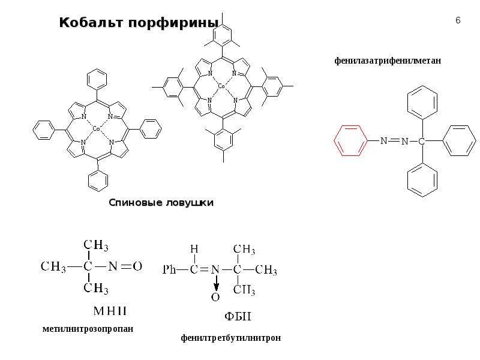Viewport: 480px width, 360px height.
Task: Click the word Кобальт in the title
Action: [91, 23]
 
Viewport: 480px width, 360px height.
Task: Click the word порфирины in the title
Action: [173, 23]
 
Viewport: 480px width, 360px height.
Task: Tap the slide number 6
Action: [458, 20]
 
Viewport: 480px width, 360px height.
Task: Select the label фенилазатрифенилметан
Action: [388, 61]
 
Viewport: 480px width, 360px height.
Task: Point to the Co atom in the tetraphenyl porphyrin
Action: [96, 129]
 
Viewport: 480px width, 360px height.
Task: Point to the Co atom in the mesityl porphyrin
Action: [221, 86]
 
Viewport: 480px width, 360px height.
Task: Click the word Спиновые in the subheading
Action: [136, 203]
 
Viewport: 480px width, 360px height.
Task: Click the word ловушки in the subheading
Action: [190, 203]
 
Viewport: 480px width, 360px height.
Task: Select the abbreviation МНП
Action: [110, 311]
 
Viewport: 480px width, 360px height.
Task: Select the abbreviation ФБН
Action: [238, 316]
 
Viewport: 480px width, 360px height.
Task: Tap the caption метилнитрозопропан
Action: [88, 329]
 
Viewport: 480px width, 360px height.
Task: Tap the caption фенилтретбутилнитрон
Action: [230, 338]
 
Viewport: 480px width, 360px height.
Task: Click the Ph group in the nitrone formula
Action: [169, 269]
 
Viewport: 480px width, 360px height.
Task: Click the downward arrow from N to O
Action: [216, 283]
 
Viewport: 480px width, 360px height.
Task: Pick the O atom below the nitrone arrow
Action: [215, 297]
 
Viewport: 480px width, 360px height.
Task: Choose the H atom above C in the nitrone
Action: [194, 249]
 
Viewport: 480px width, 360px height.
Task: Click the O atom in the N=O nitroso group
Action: [137, 266]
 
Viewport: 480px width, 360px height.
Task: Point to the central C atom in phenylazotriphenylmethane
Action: [422, 142]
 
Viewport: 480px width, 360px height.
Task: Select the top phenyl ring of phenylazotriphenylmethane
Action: [422, 87]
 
